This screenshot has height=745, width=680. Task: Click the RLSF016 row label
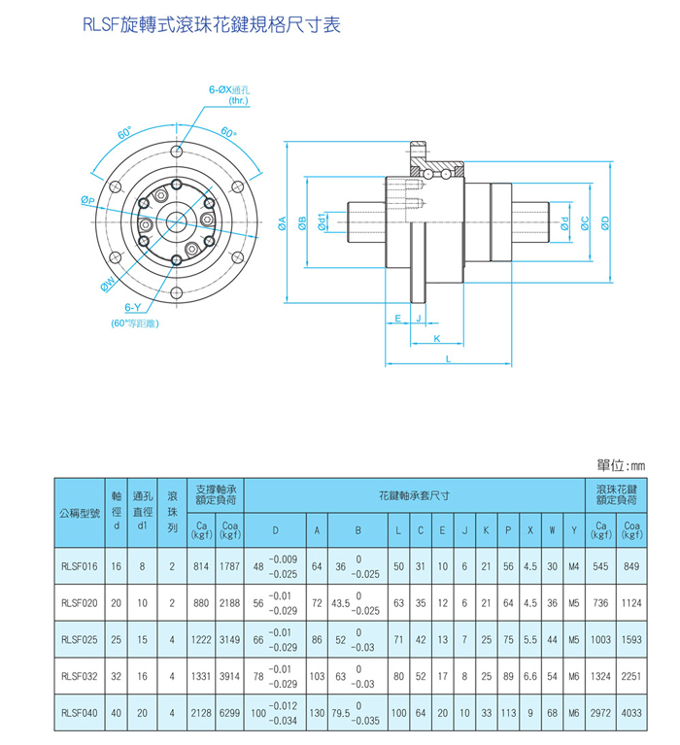point(79,565)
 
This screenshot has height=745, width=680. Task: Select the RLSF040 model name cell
point(79,712)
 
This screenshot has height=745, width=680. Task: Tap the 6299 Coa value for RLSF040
point(229,712)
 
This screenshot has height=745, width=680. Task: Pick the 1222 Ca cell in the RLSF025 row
point(201,639)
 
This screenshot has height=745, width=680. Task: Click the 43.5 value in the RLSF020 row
point(341,602)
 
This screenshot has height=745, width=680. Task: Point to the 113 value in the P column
point(506,712)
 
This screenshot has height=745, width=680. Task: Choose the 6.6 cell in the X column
point(530,676)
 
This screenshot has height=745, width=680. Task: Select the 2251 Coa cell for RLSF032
point(631,676)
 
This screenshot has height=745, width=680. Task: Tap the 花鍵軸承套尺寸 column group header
point(414,495)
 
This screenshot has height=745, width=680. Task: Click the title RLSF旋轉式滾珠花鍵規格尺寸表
point(213,24)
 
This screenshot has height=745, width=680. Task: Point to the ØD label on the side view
point(604,222)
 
